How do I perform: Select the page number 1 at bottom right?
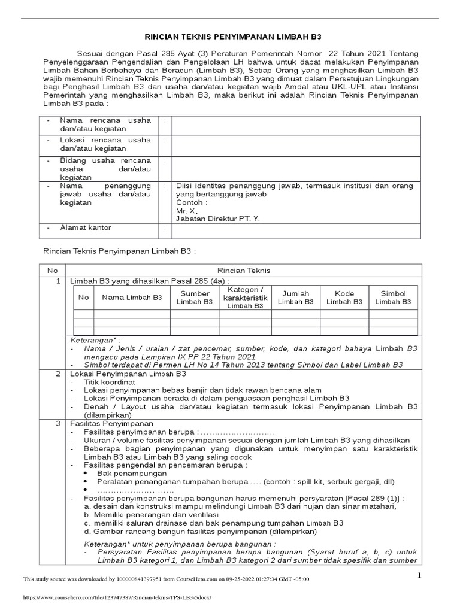(x=420, y=575)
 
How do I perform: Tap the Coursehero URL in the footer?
(x=117, y=597)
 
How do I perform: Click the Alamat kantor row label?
(x=85, y=228)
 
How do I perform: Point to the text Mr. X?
(x=186, y=211)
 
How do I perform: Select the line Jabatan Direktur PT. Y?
(x=217, y=219)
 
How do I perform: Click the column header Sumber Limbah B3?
(x=195, y=298)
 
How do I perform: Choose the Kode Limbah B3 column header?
(x=344, y=298)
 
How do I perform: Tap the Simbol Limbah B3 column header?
(x=393, y=298)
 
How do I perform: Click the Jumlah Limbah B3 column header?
(x=295, y=298)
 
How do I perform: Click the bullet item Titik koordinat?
(x=110, y=381)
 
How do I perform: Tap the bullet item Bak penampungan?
(x=125, y=473)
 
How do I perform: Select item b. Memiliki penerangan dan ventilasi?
(x=151, y=514)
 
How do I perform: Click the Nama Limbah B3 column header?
(x=132, y=297)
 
